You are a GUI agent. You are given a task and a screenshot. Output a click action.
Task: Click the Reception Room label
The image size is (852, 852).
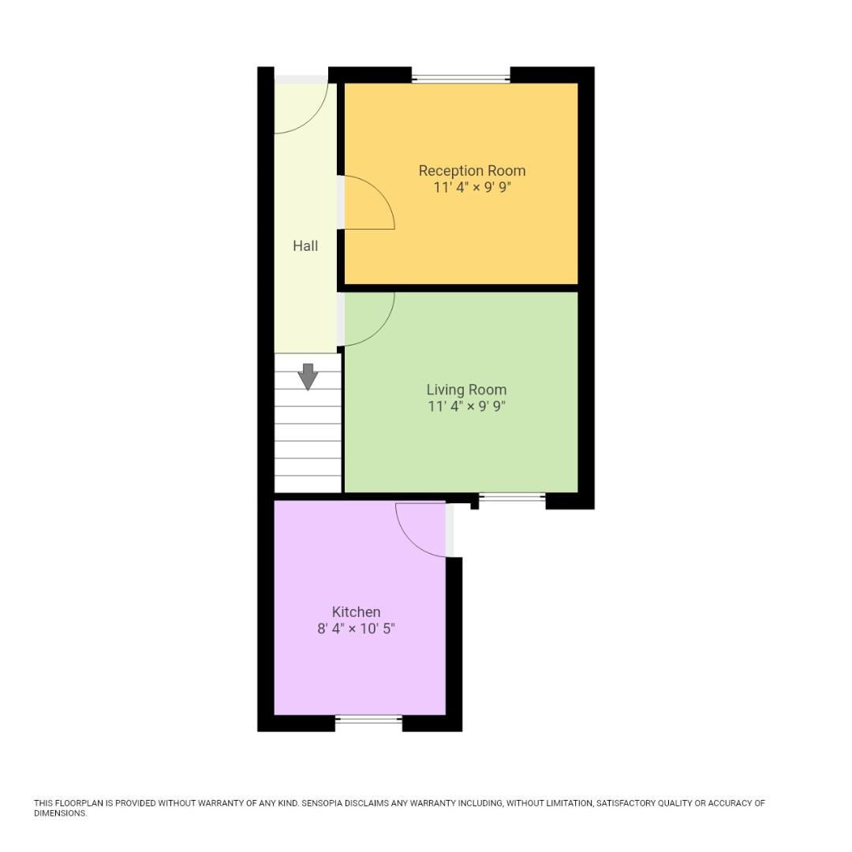pyautogui.click(x=472, y=170)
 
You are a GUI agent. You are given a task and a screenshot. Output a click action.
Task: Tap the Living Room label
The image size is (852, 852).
pyautogui.click(x=466, y=390)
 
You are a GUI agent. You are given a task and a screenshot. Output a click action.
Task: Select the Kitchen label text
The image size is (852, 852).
pyautogui.click(x=356, y=612)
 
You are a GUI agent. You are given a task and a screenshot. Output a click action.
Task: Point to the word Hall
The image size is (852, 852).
pyautogui.click(x=305, y=246)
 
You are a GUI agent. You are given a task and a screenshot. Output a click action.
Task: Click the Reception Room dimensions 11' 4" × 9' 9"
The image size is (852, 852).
pyautogui.click(x=472, y=188)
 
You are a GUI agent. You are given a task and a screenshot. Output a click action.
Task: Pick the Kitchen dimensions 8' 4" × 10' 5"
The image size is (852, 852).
pyautogui.click(x=356, y=630)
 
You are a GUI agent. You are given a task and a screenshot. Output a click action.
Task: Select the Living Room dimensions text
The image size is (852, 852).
pyautogui.click(x=466, y=407)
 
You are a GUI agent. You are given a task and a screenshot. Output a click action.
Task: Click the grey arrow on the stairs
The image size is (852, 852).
pyautogui.click(x=308, y=376)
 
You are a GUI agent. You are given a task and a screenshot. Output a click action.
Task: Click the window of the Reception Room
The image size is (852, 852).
pyautogui.click(x=461, y=78)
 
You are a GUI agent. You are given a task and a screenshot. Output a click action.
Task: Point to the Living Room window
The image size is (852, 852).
pyautogui.click(x=512, y=497)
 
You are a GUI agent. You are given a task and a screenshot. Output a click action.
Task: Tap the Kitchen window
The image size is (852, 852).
pyautogui.click(x=368, y=719)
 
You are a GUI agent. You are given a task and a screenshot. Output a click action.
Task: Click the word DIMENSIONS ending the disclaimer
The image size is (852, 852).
pyautogui.click(x=60, y=813)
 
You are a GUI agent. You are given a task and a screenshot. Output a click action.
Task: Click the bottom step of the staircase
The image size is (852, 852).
pyautogui.click(x=308, y=484)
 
